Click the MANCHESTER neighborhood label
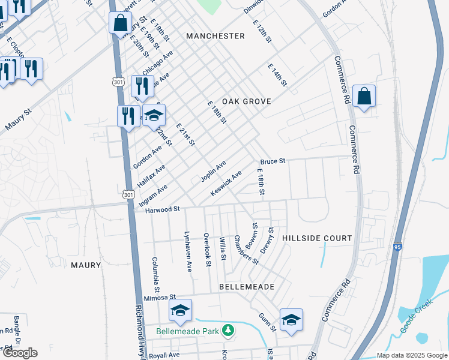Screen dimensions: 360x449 215,36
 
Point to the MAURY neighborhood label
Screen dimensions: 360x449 86,265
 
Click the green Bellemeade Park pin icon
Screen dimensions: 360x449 228,330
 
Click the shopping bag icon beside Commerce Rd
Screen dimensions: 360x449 364,96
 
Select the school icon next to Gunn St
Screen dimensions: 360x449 291,320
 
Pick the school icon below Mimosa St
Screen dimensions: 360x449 180,310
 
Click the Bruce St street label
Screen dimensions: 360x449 272,162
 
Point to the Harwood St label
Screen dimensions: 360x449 163,209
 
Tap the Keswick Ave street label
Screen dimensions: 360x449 226,183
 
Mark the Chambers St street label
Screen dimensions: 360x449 246,250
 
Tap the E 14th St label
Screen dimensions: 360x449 277,77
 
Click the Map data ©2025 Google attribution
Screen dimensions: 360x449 411,355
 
